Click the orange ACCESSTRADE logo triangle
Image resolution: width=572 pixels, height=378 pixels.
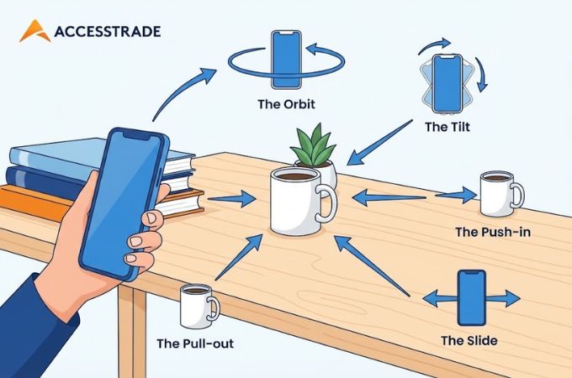pyautogui.click(x=34, y=31)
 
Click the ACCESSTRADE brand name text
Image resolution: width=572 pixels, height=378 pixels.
pyautogui.click(x=108, y=31)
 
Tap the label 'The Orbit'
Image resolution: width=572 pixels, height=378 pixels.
pyautogui.click(x=286, y=104)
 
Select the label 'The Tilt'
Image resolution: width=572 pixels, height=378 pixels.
pyautogui.click(x=448, y=127)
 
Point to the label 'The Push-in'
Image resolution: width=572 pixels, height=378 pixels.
pyautogui.click(x=493, y=232)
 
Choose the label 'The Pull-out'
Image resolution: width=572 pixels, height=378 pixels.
pyautogui.click(x=195, y=344)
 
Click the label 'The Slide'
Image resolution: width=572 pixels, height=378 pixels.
pyautogui.click(x=469, y=340)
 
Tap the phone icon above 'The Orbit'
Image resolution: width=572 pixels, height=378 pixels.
pyautogui.click(x=286, y=60)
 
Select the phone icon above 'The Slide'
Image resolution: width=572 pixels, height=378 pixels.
pyautogui.click(x=472, y=297)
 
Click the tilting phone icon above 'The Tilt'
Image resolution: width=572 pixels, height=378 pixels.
pyautogui.click(x=447, y=84)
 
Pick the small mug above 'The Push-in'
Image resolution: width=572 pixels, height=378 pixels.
pyautogui.click(x=501, y=194)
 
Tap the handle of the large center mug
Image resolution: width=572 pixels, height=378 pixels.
pyautogui.click(x=326, y=202)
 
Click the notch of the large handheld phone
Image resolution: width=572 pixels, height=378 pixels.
pyautogui.click(x=137, y=135)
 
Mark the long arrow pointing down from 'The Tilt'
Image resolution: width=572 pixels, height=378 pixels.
pyautogui.click(x=379, y=143)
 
